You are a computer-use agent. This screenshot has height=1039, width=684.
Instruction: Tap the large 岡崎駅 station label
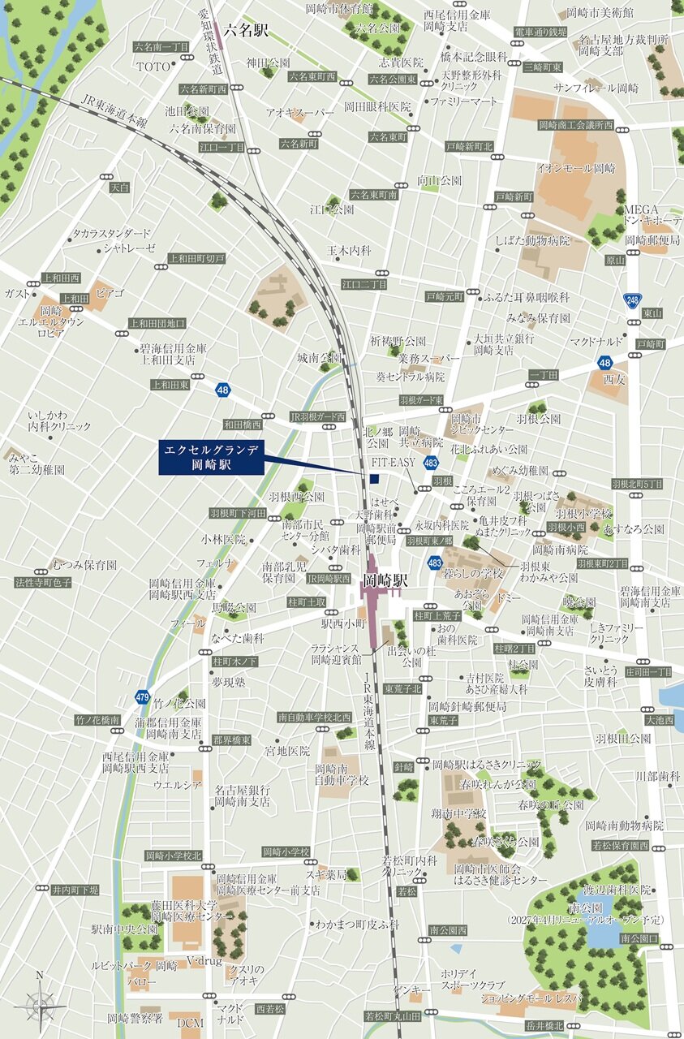pos(385,581)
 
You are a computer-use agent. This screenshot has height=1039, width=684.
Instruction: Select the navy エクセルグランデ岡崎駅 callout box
pos(211,458)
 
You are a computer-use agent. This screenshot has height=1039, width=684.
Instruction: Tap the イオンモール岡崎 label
pos(576,168)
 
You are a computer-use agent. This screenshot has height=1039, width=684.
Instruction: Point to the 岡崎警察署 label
pos(136,1017)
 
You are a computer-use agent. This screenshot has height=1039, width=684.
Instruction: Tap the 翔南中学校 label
pos(459,813)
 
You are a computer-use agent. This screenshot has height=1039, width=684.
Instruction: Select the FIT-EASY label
pos(393,462)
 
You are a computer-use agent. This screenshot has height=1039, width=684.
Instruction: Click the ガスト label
pos(15,293)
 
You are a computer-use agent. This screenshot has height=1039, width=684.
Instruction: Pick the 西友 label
pos(613,378)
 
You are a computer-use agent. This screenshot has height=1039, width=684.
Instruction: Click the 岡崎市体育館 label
pos(339,9)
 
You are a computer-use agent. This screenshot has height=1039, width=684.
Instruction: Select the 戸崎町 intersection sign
pos(651,344)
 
